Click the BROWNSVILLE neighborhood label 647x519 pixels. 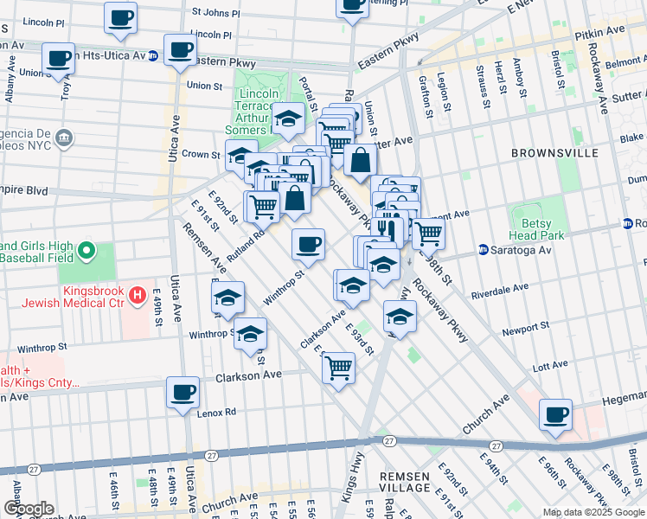point(554,153)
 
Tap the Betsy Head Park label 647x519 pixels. point(542,228)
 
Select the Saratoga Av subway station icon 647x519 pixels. point(484,250)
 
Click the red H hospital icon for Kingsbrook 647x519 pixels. point(137,297)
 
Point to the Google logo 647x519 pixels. point(28,509)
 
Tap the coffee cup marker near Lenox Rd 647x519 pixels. point(183,393)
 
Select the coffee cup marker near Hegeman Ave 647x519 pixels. point(555,413)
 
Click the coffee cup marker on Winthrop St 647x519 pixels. point(308,245)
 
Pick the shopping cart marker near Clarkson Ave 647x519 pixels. point(338,368)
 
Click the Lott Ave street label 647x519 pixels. point(549,367)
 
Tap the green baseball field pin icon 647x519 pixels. point(86,251)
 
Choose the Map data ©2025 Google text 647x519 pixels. point(593,512)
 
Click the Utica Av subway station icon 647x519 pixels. point(152,55)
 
